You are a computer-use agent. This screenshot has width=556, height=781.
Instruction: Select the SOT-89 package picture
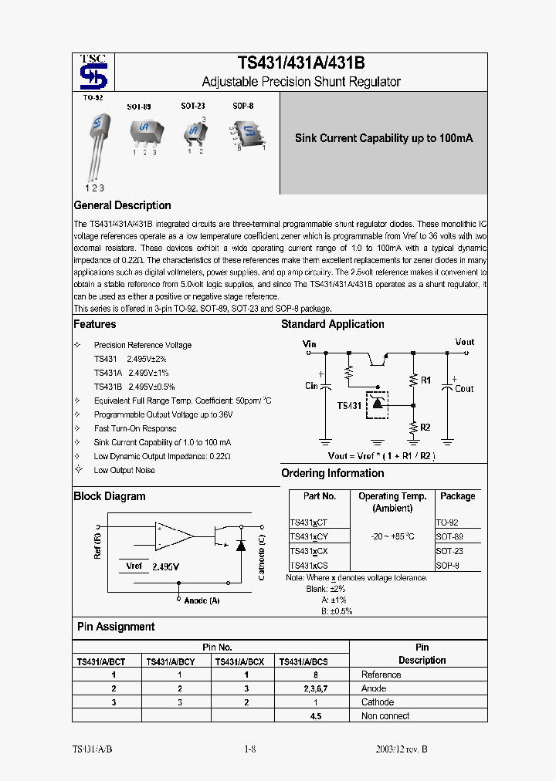pos(144,130)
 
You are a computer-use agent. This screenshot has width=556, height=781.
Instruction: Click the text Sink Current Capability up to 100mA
pos(384,138)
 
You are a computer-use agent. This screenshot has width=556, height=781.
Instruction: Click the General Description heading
pos(122,205)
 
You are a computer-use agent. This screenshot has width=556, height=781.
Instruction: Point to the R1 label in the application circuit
pos(425,380)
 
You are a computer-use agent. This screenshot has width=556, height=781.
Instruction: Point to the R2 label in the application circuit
pos(425,427)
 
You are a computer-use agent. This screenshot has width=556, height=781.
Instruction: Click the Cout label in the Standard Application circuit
pos(464,389)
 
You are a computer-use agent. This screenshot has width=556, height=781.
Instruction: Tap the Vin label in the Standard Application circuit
pos(309,343)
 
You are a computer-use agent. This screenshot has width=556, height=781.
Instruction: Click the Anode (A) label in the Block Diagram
pos(202,600)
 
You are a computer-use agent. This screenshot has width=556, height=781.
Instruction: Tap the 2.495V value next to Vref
pos(166,566)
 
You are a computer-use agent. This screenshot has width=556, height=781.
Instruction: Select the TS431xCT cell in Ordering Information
pos(309,522)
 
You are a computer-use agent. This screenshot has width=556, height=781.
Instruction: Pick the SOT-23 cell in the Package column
pos(449,551)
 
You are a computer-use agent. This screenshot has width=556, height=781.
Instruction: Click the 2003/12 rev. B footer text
pos(401,749)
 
